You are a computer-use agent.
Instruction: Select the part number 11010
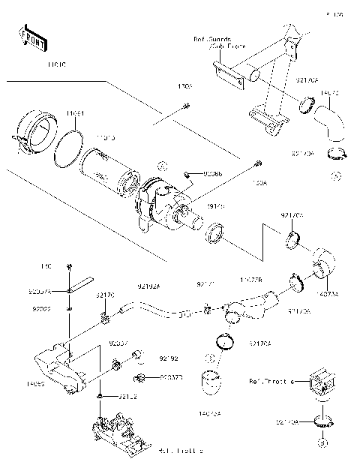tap(57, 66)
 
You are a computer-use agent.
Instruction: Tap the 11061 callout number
tap(75, 113)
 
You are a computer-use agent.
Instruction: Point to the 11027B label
tap(250, 280)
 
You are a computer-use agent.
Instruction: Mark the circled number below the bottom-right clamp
tap(323, 443)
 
